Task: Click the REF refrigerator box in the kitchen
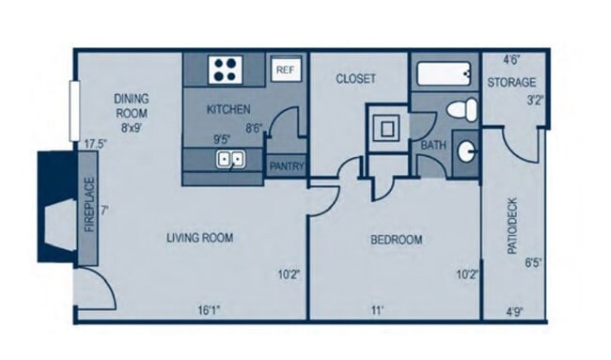285,70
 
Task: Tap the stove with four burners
226,70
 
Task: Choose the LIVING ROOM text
199,238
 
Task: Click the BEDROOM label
396,240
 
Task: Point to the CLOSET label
355,79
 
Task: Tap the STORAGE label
511,83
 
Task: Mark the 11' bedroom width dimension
379,308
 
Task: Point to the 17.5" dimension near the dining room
93,145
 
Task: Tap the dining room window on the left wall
72,111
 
